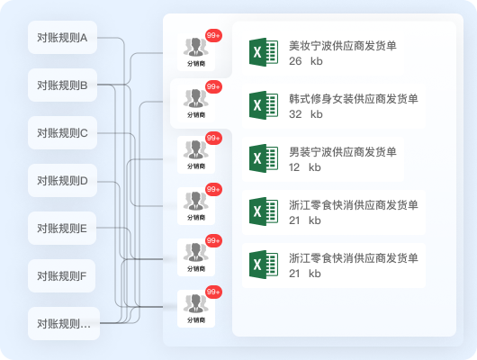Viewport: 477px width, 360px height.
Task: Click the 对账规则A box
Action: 62,38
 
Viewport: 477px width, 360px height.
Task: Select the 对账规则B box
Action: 62,85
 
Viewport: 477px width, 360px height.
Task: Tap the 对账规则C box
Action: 62,133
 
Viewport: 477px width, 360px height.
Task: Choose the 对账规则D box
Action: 62,181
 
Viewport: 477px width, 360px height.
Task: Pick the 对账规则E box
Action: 62,229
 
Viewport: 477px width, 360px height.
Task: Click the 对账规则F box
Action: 62,276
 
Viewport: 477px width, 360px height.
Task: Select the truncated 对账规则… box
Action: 64,323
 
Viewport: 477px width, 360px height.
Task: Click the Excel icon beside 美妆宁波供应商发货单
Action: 264,52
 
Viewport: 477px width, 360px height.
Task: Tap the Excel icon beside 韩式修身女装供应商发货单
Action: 264,105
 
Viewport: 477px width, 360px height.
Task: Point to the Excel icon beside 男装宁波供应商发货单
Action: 264,158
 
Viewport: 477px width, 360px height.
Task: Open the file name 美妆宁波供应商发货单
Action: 343,46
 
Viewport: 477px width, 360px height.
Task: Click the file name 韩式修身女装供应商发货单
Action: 354,99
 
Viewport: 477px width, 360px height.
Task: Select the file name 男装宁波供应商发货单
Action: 343,152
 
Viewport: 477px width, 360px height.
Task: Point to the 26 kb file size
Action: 306,61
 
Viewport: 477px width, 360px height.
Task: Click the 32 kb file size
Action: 306,114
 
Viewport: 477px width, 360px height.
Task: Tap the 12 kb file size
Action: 305,167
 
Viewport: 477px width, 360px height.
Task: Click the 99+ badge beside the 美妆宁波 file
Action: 213,36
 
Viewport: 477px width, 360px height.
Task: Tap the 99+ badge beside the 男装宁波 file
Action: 213,139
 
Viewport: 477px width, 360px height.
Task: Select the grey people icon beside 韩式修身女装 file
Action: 196,98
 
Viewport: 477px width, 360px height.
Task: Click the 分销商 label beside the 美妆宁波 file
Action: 196,64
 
